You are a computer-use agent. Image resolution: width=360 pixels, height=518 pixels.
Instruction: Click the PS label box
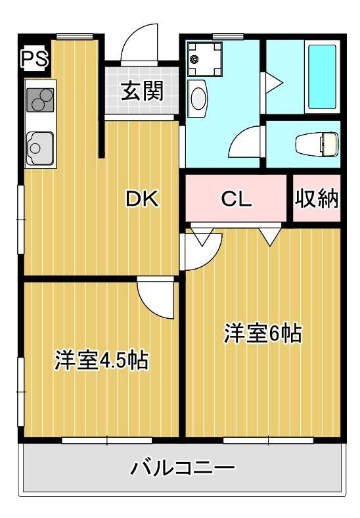[34, 59]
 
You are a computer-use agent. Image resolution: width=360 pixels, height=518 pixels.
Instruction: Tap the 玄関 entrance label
[142, 91]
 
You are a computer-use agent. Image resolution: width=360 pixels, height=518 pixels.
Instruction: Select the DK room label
[143, 199]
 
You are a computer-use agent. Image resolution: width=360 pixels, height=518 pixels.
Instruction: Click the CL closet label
[236, 199]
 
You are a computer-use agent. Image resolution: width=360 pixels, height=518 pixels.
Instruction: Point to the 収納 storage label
[317, 199]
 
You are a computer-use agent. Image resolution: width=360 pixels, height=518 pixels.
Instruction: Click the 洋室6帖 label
[263, 334]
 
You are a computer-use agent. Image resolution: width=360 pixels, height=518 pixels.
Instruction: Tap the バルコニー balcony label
[183, 467]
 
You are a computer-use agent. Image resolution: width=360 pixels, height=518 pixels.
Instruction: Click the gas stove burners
[40, 100]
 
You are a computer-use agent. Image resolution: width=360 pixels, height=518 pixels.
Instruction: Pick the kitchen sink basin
[40, 149]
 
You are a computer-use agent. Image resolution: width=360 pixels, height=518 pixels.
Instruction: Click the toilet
[317, 145]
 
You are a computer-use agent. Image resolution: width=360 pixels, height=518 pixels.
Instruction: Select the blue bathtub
[322, 76]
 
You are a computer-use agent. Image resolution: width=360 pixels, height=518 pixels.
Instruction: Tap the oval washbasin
[198, 99]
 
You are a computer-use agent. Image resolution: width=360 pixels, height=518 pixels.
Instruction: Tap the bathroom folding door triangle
[273, 83]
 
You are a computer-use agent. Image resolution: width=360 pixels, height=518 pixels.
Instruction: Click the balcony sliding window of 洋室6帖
[268, 440]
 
